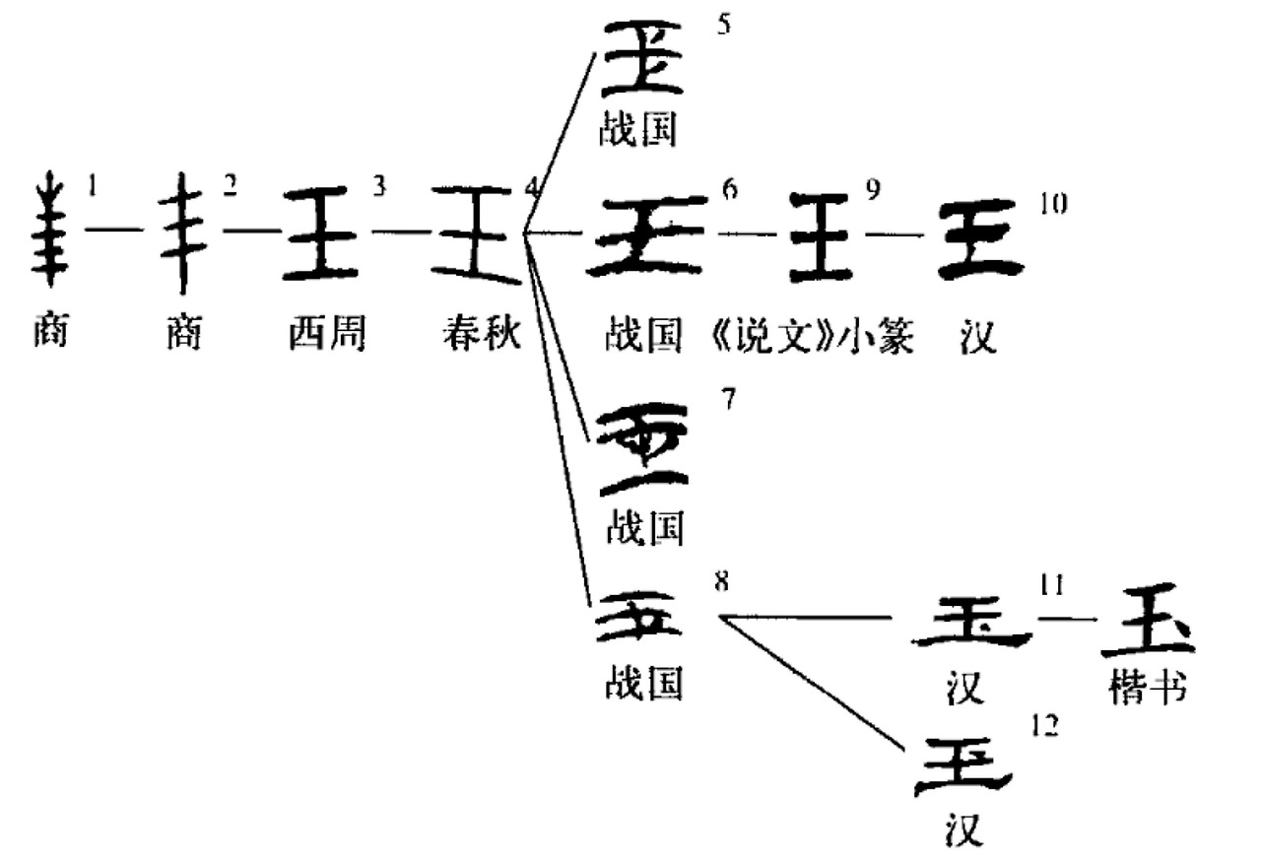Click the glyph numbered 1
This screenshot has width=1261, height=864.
(47, 230)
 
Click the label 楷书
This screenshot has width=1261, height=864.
(1146, 689)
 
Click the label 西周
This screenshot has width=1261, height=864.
(326, 335)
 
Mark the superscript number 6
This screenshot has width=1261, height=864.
(730, 189)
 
